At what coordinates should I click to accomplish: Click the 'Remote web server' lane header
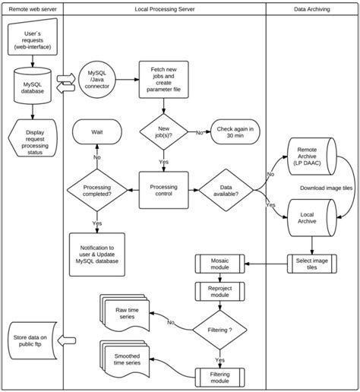coord(32,9)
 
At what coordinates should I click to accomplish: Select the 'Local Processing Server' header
coord(164,9)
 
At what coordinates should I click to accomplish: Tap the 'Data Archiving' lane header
coord(312,9)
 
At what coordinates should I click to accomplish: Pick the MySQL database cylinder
coord(33,87)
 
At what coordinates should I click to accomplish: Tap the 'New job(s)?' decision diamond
coord(164,132)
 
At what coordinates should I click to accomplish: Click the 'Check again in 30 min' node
coord(236,132)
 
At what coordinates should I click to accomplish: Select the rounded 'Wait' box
coord(96,132)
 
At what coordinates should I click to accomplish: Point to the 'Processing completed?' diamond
coord(96,189)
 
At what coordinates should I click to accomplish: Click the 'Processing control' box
coord(164,189)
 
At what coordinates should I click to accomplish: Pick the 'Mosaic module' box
coord(219,264)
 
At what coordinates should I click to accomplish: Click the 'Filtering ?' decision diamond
coord(219,330)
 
